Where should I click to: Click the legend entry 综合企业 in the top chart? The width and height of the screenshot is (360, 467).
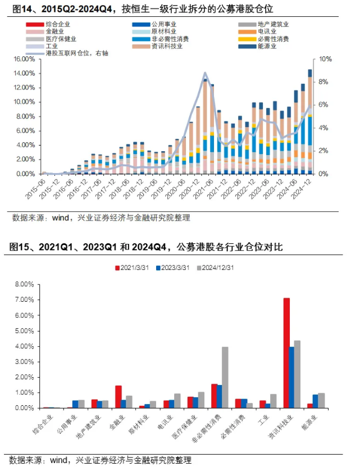[61, 25]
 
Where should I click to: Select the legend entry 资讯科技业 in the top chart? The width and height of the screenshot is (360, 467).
[167, 46]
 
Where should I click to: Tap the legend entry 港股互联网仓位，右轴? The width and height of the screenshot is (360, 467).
[76, 53]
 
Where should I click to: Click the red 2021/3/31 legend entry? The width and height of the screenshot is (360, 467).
[136, 267]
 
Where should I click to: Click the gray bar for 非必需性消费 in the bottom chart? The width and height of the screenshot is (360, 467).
[225, 378]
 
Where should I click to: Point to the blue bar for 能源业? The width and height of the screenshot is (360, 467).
[315, 401]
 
